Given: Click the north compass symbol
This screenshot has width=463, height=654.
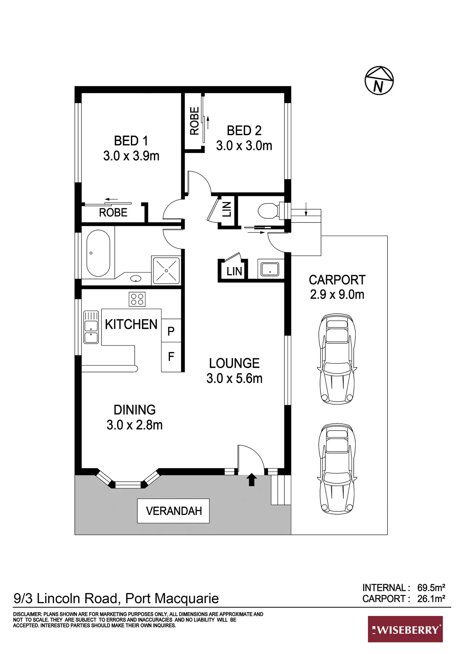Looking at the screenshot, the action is tap(379, 81).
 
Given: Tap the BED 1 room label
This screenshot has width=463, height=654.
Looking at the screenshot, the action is tap(131, 141).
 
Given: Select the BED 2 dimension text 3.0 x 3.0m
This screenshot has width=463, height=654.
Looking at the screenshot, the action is tap(244, 146).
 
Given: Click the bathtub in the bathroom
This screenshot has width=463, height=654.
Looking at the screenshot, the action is tap(98, 253).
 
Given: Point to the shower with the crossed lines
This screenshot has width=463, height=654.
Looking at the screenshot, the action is tap(166, 270).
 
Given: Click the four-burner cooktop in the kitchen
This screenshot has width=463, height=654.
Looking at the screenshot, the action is tap(137, 299).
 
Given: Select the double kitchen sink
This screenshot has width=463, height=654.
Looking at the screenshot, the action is tap(91, 327).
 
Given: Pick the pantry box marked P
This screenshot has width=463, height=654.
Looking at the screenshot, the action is tap(171, 330).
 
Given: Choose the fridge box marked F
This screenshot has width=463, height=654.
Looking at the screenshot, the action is tap(171, 357).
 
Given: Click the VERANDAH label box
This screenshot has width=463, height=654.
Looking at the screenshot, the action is tap(173, 511).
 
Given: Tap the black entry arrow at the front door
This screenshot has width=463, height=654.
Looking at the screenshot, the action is tap(251, 480).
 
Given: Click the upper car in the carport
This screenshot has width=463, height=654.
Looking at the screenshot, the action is tap(337, 359).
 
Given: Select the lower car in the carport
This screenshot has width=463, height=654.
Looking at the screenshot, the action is tap(337, 469).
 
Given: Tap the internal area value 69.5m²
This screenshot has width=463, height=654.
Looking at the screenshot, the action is tap(431, 587).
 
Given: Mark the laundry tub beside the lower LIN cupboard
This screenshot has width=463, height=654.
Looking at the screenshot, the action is tap(270, 269).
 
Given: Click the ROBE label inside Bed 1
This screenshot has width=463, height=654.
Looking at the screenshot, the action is tap(113, 213).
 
